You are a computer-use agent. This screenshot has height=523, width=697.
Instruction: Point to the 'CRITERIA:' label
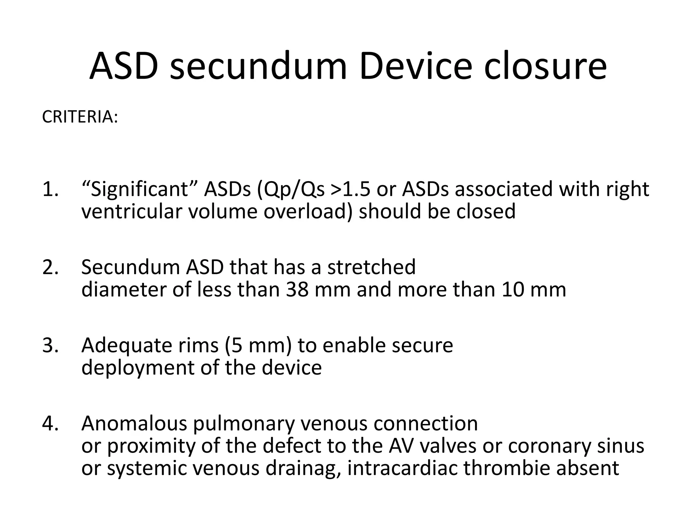(x=80, y=117)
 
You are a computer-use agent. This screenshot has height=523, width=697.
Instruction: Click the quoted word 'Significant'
(x=140, y=189)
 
